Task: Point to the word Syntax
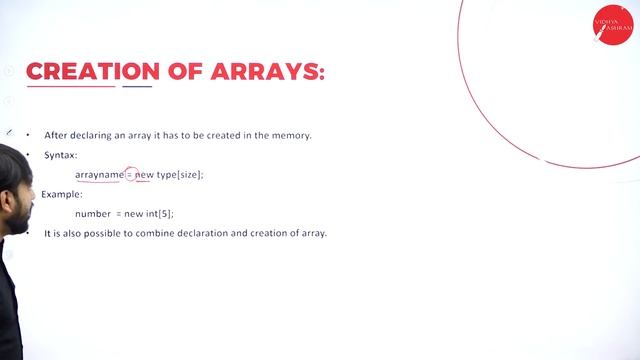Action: click(x=60, y=155)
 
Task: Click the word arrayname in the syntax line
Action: click(x=99, y=175)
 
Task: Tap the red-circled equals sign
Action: click(x=130, y=175)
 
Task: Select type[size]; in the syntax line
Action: click(x=180, y=175)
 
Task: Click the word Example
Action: click(x=62, y=194)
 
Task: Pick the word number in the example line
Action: click(x=93, y=214)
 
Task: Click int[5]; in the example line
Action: click(x=160, y=214)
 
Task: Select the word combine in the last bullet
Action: click(x=177, y=233)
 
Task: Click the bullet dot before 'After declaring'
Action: click(x=29, y=135)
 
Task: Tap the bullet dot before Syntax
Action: click(x=29, y=155)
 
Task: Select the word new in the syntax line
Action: click(x=145, y=175)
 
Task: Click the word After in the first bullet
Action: click(x=55, y=135)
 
